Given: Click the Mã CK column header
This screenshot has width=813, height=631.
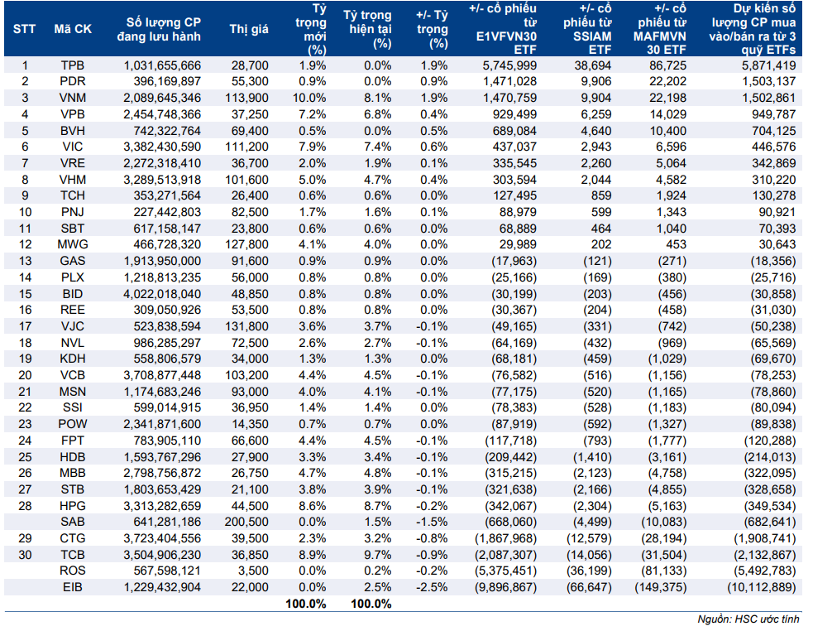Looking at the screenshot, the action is [x=73, y=29].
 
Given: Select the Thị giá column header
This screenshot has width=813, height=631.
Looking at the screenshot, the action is [x=249, y=29].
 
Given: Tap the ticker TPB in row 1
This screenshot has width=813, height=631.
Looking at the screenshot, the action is [x=73, y=65].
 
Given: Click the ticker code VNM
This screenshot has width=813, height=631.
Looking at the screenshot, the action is [x=73, y=98].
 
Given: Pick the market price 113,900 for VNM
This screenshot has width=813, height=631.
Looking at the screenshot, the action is [x=246, y=98].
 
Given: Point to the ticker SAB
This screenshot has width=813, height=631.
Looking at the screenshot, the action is [x=73, y=522].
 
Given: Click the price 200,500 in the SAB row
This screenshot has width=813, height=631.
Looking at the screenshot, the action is [x=246, y=522].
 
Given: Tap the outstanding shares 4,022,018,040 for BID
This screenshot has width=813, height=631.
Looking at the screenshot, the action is [x=162, y=294].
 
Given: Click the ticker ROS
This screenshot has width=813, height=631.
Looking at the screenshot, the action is [x=73, y=571].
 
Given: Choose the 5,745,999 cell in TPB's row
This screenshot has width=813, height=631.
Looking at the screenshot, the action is [x=509, y=65].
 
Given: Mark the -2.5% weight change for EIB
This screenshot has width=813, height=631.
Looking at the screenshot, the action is [x=432, y=587].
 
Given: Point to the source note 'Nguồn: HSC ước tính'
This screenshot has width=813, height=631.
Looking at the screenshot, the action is [x=748, y=619].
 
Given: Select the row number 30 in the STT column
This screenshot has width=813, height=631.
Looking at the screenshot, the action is [x=25, y=555].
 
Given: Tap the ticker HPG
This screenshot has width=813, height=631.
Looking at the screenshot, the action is [x=73, y=506].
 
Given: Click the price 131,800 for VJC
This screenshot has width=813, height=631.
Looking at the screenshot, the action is [x=246, y=326].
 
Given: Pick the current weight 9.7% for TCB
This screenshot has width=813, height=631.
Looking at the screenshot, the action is [x=377, y=555].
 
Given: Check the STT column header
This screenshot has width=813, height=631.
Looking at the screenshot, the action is [x=24, y=29].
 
